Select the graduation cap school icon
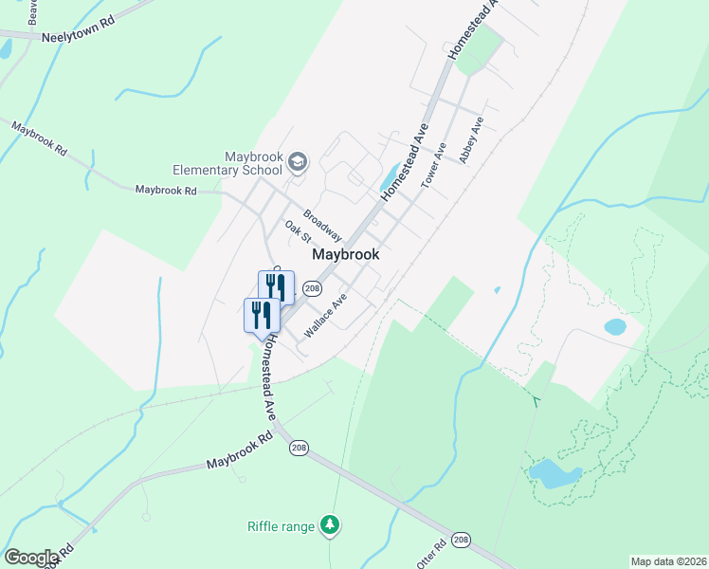click(298, 163)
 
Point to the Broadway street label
click(322, 224)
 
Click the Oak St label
click(298, 231)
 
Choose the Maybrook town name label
click(346, 254)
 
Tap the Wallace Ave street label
click(325, 316)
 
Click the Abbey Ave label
click(471, 140)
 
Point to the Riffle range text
click(280, 525)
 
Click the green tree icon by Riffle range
click(329, 524)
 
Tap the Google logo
click(31, 557)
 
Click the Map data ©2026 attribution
click(668, 560)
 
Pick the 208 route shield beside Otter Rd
click(461, 539)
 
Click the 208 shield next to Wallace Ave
click(312, 287)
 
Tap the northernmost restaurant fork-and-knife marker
click(276, 286)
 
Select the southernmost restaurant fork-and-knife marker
click(261, 314)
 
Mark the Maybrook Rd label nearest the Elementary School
click(165, 190)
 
